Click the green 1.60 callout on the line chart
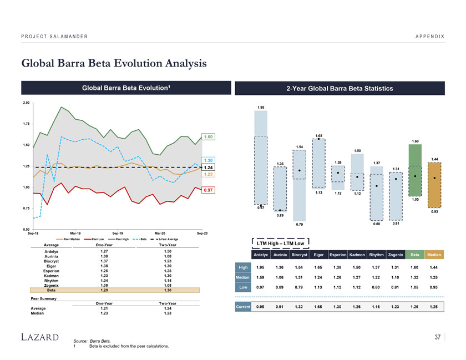209,136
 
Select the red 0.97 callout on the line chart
209,190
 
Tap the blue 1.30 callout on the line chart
209,160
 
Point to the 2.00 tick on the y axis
26,103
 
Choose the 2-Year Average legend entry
166,239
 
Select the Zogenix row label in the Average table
51,285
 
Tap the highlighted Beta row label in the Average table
51,290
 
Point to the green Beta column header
414,255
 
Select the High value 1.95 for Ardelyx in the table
261,268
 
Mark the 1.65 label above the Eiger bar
318,135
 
